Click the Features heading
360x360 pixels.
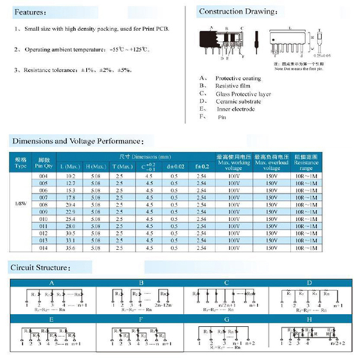(29, 12)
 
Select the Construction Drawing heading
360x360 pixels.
(238, 11)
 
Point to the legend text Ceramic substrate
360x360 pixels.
(239, 101)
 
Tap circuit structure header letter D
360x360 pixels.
(309, 282)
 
